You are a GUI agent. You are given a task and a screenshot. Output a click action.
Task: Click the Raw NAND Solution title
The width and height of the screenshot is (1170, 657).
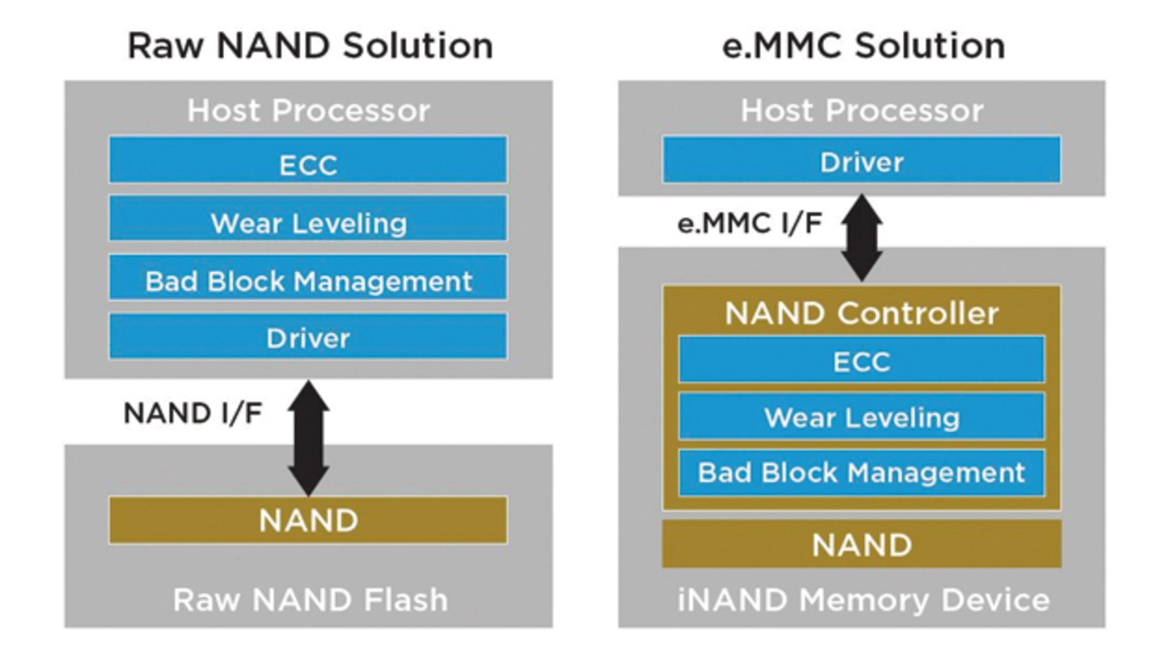tap(309, 46)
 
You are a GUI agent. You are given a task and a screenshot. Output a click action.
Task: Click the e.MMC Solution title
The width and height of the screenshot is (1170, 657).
tap(863, 46)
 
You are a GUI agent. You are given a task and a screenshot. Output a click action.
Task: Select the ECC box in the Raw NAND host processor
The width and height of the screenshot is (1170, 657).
tap(308, 164)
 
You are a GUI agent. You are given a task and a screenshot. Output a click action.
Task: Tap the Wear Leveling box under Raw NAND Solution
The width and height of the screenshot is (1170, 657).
tap(308, 222)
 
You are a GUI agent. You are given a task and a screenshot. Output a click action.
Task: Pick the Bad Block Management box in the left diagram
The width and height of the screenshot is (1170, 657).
tap(308, 281)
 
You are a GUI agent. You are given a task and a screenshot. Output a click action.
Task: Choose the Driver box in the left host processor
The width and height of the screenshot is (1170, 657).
tap(308, 337)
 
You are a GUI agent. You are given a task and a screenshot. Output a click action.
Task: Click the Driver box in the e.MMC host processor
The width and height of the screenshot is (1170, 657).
tap(861, 162)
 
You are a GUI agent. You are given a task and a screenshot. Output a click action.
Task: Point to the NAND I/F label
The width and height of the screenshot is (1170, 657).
tap(192, 413)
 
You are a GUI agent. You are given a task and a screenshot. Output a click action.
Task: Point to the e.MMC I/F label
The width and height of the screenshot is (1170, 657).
tap(749, 223)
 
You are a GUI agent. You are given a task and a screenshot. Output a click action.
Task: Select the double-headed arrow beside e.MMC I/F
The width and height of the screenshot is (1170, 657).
tap(861, 236)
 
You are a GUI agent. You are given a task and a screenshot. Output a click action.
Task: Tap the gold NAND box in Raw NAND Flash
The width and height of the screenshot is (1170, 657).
tap(308, 521)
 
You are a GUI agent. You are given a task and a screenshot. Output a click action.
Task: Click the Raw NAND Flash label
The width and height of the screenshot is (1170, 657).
tap(310, 599)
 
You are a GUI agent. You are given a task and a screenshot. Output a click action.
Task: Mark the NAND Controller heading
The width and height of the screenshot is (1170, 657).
tap(861, 313)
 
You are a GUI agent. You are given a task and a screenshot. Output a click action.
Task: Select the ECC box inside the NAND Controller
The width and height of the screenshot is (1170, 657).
tap(861, 361)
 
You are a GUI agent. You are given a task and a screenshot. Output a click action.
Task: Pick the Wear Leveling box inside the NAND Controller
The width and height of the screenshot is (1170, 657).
tap(861, 418)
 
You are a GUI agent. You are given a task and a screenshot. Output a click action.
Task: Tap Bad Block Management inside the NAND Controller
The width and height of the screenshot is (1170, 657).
tap(861, 473)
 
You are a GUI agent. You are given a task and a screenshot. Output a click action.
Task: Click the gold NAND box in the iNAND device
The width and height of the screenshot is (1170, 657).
tap(861, 545)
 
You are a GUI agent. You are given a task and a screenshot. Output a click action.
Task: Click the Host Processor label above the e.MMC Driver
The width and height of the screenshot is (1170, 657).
tap(861, 111)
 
